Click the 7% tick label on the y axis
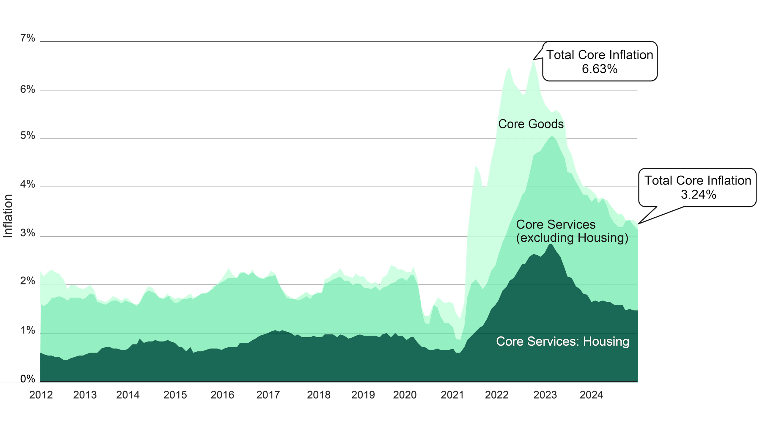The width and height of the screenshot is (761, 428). click(28, 38)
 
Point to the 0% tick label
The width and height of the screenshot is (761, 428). click(28, 379)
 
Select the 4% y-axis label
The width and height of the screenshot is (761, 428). click(28, 184)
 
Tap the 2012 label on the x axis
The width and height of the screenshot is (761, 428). click(41, 395)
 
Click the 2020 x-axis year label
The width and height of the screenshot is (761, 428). click(405, 395)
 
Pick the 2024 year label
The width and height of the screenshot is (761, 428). click(591, 395)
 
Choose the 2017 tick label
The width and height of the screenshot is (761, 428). click(268, 395)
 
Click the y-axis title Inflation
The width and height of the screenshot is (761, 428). click(8, 216)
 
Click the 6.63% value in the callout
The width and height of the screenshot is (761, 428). click(600, 69)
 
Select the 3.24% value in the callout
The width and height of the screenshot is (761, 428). click(698, 195)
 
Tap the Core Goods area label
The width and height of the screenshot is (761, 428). click(531, 124)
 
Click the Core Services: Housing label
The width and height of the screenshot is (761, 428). click(562, 341)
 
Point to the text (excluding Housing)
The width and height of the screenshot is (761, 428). click(572, 238)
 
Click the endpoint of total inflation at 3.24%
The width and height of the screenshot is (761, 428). click(638, 224)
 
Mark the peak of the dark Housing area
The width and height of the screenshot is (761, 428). click(551, 244)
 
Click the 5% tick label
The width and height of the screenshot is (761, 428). click(28, 136)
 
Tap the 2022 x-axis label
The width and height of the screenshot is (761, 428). click(497, 395)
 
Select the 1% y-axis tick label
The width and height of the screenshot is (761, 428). click(28, 331)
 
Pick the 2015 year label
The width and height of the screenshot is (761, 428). click(175, 395)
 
